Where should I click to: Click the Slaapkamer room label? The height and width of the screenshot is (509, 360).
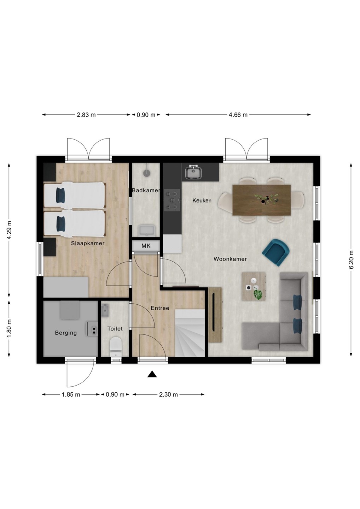pyautogui.click(x=87, y=243)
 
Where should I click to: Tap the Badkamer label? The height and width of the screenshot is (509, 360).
pyautogui.click(x=146, y=191)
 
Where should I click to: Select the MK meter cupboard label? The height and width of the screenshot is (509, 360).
pyautogui.click(x=146, y=246)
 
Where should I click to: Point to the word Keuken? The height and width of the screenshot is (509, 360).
pyautogui.click(x=202, y=200)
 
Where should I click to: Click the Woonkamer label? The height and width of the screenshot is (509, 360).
pyautogui.click(x=230, y=259)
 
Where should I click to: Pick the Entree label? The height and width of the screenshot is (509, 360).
pyautogui.click(x=160, y=308)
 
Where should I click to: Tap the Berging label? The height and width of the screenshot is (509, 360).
pyautogui.click(x=66, y=333)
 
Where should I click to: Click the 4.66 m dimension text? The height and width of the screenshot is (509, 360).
pyautogui.click(x=238, y=115)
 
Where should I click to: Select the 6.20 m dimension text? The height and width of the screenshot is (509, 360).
pyautogui.click(x=352, y=259)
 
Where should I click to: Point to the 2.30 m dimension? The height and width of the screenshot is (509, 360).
pyautogui.click(x=168, y=394)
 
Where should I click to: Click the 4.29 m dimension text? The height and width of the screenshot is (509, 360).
pyautogui.click(x=9, y=230)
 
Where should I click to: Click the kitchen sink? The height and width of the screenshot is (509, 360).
pyautogui.click(x=193, y=172)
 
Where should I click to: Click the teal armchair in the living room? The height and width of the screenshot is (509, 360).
pyautogui.click(x=276, y=252)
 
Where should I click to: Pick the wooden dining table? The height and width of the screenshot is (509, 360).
pyautogui.click(x=262, y=200)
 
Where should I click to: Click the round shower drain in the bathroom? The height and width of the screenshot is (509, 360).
pyautogui.click(x=147, y=173)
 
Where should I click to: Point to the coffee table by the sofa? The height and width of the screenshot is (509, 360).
pyautogui.click(x=254, y=286)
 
